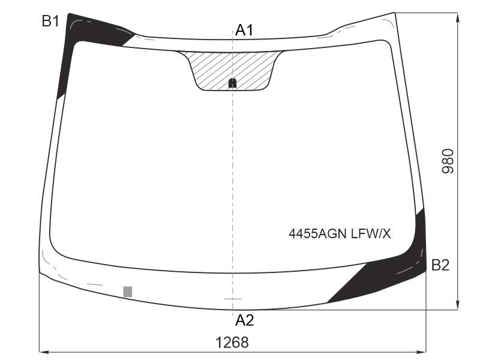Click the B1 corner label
[x=50, y=21]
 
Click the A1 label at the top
[x=244, y=30]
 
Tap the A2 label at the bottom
[x=245, y=320]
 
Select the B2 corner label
[x=440, y=265]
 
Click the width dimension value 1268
[x=232, y=342]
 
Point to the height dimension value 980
[x=448, y=161]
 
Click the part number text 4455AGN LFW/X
[x=340, y=234]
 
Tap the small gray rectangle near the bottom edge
[x=128, y=292]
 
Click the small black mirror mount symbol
[x=233, y=83]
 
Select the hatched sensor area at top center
[x=232, y=70]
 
